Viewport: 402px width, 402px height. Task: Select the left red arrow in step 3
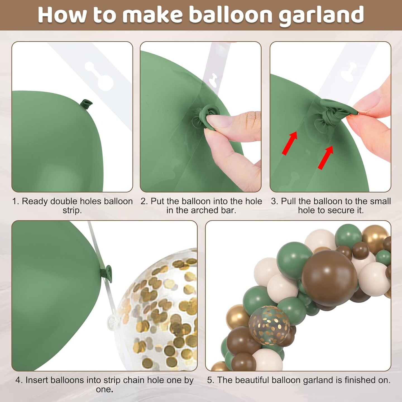tap(289, 143)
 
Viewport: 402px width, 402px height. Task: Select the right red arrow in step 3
tap(326, 158)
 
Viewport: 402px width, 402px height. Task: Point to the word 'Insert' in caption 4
tap(37, 380)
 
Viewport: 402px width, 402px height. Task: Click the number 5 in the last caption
tap(210, 380)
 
